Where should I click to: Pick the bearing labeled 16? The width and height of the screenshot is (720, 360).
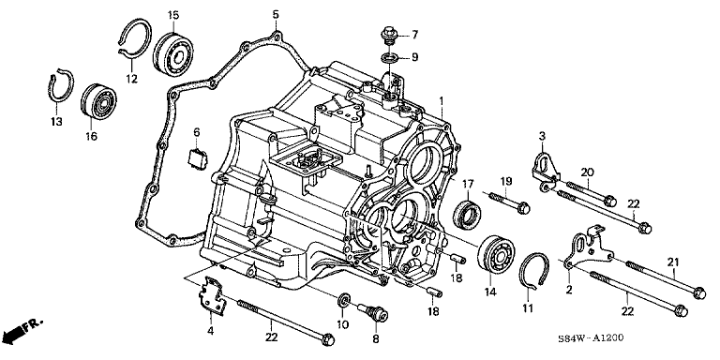point(98,102)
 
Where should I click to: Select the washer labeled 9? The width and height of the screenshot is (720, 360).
point(390,58)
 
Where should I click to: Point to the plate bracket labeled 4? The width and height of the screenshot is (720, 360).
point(212,296)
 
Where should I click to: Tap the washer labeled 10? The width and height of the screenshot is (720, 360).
point(344,301)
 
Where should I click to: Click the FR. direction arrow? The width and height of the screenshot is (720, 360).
point(20,330)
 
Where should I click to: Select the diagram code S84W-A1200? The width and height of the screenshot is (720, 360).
point(591,338)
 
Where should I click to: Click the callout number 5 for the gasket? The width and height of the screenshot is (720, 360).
point(275,14)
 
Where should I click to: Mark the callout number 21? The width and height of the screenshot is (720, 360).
point(673,262)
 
